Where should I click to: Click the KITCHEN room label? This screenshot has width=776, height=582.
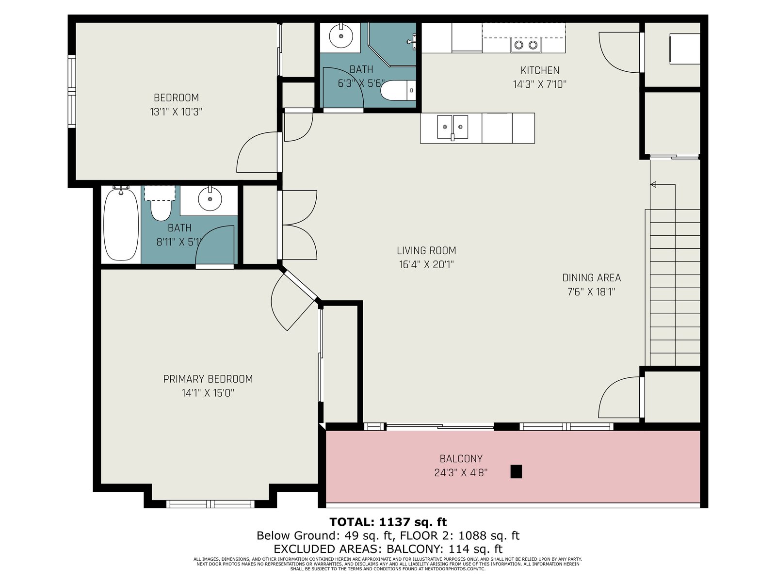539,70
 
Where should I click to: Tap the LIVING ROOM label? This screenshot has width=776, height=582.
426,251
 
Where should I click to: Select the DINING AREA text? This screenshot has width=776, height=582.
591,278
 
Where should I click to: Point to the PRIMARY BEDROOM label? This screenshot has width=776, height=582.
208,379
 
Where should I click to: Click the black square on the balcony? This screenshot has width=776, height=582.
516,471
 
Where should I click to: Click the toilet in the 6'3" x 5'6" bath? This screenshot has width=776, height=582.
399,91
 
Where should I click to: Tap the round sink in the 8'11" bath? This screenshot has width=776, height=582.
210,199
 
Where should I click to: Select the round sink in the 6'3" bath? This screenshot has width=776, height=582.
341,36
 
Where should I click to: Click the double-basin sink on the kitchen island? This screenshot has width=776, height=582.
453,127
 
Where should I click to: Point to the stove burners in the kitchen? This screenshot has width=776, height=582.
526,45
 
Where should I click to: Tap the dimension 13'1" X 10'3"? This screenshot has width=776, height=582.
176,112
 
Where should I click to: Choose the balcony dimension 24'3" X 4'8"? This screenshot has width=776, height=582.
461,473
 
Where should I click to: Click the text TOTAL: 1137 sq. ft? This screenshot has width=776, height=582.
388,522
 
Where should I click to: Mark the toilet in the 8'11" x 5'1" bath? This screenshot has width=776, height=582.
161,207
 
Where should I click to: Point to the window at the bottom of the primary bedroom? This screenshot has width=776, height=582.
210,504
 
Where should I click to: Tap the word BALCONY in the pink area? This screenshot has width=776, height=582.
461,459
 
